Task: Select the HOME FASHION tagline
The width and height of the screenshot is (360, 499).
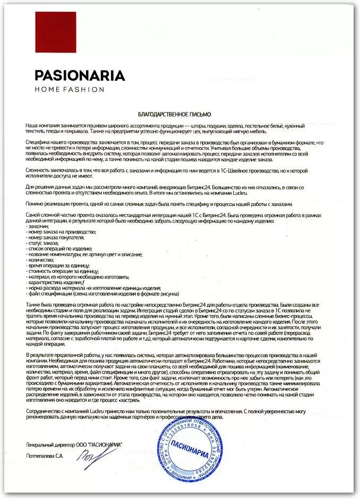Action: (68, 90)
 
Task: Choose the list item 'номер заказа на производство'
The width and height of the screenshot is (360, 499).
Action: (61, 232)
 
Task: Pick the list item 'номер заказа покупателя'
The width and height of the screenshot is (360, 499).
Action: (55, 238)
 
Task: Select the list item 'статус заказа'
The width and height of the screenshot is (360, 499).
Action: (45, 244)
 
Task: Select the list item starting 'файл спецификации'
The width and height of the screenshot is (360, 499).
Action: (104, 294)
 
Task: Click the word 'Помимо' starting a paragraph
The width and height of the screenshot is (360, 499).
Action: (35, 204)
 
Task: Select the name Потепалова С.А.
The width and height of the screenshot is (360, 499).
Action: (45, 455)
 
